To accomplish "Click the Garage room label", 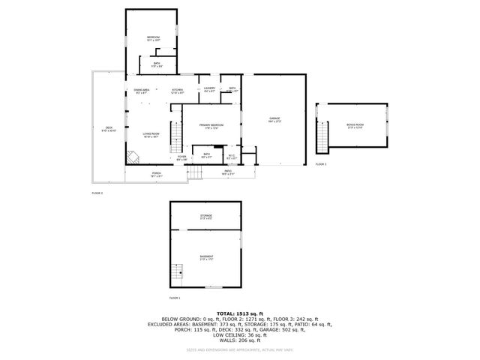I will coord(274,120).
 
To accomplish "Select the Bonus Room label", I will coord(355,126).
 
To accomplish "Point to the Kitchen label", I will coord(178,91).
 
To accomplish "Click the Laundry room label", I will coord(210,90).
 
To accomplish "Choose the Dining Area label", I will coord(142,91).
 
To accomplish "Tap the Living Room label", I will coord(151,136).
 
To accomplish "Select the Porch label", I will coord(157,175).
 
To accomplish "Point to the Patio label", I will coord(227,172).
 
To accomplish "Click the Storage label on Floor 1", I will coord(206,217).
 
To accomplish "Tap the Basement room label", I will coord(206,258).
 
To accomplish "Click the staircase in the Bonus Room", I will coord(323,136).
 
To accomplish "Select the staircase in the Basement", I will coord(178,272).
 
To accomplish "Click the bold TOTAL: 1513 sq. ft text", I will coord(240,313).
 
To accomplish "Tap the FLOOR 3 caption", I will coord(321,163).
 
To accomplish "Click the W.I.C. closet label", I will coord(232,157).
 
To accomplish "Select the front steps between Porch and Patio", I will coord(195,173).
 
